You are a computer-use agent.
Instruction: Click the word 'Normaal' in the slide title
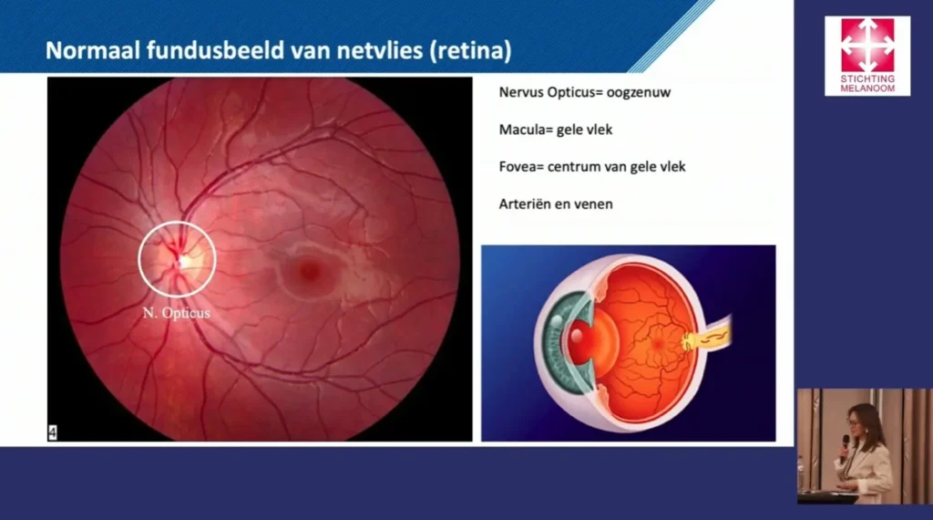[92, 50]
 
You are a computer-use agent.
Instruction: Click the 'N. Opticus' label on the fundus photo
[176, 313]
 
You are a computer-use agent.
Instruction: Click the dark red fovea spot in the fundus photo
[309, 270]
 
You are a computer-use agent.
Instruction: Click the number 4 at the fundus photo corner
[52, 432]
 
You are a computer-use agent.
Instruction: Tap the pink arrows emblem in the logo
[867, 46]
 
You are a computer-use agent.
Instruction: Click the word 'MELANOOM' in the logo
[867, 88]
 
